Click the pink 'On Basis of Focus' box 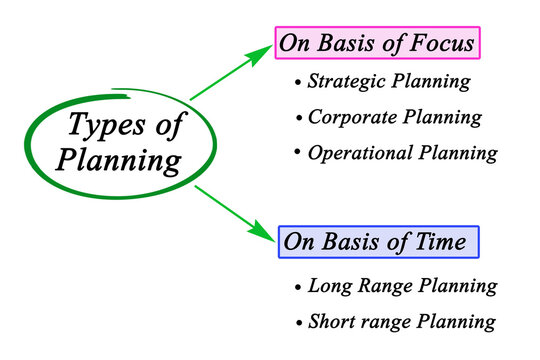[x=377, y=43]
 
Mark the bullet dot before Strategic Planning [x=297, y=82]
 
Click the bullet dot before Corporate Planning [x=297, y=118]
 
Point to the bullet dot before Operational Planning [x=297, y=154]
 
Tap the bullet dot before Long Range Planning [x=297, y=287]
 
